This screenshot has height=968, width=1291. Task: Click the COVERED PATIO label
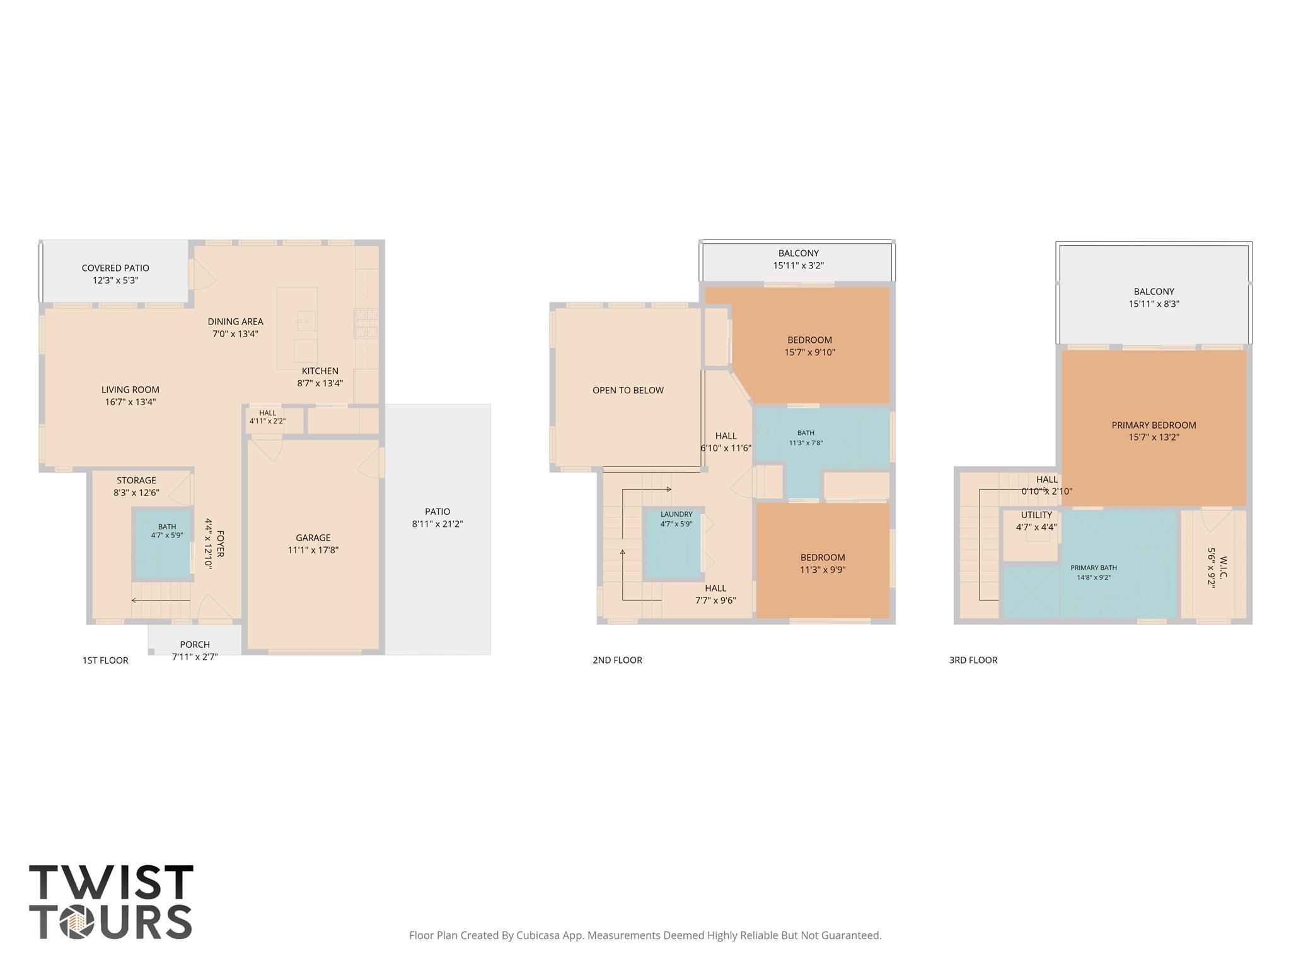[115, 268]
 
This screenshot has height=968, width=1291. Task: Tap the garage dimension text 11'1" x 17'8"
[313, 550]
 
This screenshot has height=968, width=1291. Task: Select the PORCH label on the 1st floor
[195, 645]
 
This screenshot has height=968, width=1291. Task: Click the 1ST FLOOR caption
[105, 660]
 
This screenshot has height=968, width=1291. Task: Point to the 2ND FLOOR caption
[617, 660]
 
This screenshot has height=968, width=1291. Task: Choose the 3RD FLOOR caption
[973, 660]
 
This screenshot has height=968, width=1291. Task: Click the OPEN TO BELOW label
[628, 390]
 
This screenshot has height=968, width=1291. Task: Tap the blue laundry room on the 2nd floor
[673, 544]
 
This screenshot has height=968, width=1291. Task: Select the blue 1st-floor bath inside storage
[163, 543]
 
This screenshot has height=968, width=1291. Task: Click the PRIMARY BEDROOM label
[1154, 425]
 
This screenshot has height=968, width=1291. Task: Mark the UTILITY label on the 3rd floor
[1036, 515]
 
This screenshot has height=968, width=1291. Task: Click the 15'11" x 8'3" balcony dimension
[1154, 304]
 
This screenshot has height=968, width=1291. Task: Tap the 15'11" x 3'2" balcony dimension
[798, 265]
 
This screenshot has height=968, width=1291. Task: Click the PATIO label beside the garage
[437, 512]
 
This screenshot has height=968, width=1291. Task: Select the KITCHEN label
[320, 371]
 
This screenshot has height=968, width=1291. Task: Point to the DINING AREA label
[235, 321]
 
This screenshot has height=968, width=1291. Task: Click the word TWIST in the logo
[111, 882]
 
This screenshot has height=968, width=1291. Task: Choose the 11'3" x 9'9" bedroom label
[823, 570]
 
